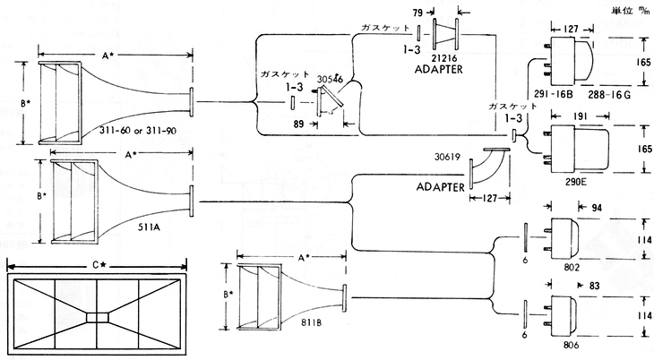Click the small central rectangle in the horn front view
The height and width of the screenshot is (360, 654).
pyautogui.click(x=97, y=315)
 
